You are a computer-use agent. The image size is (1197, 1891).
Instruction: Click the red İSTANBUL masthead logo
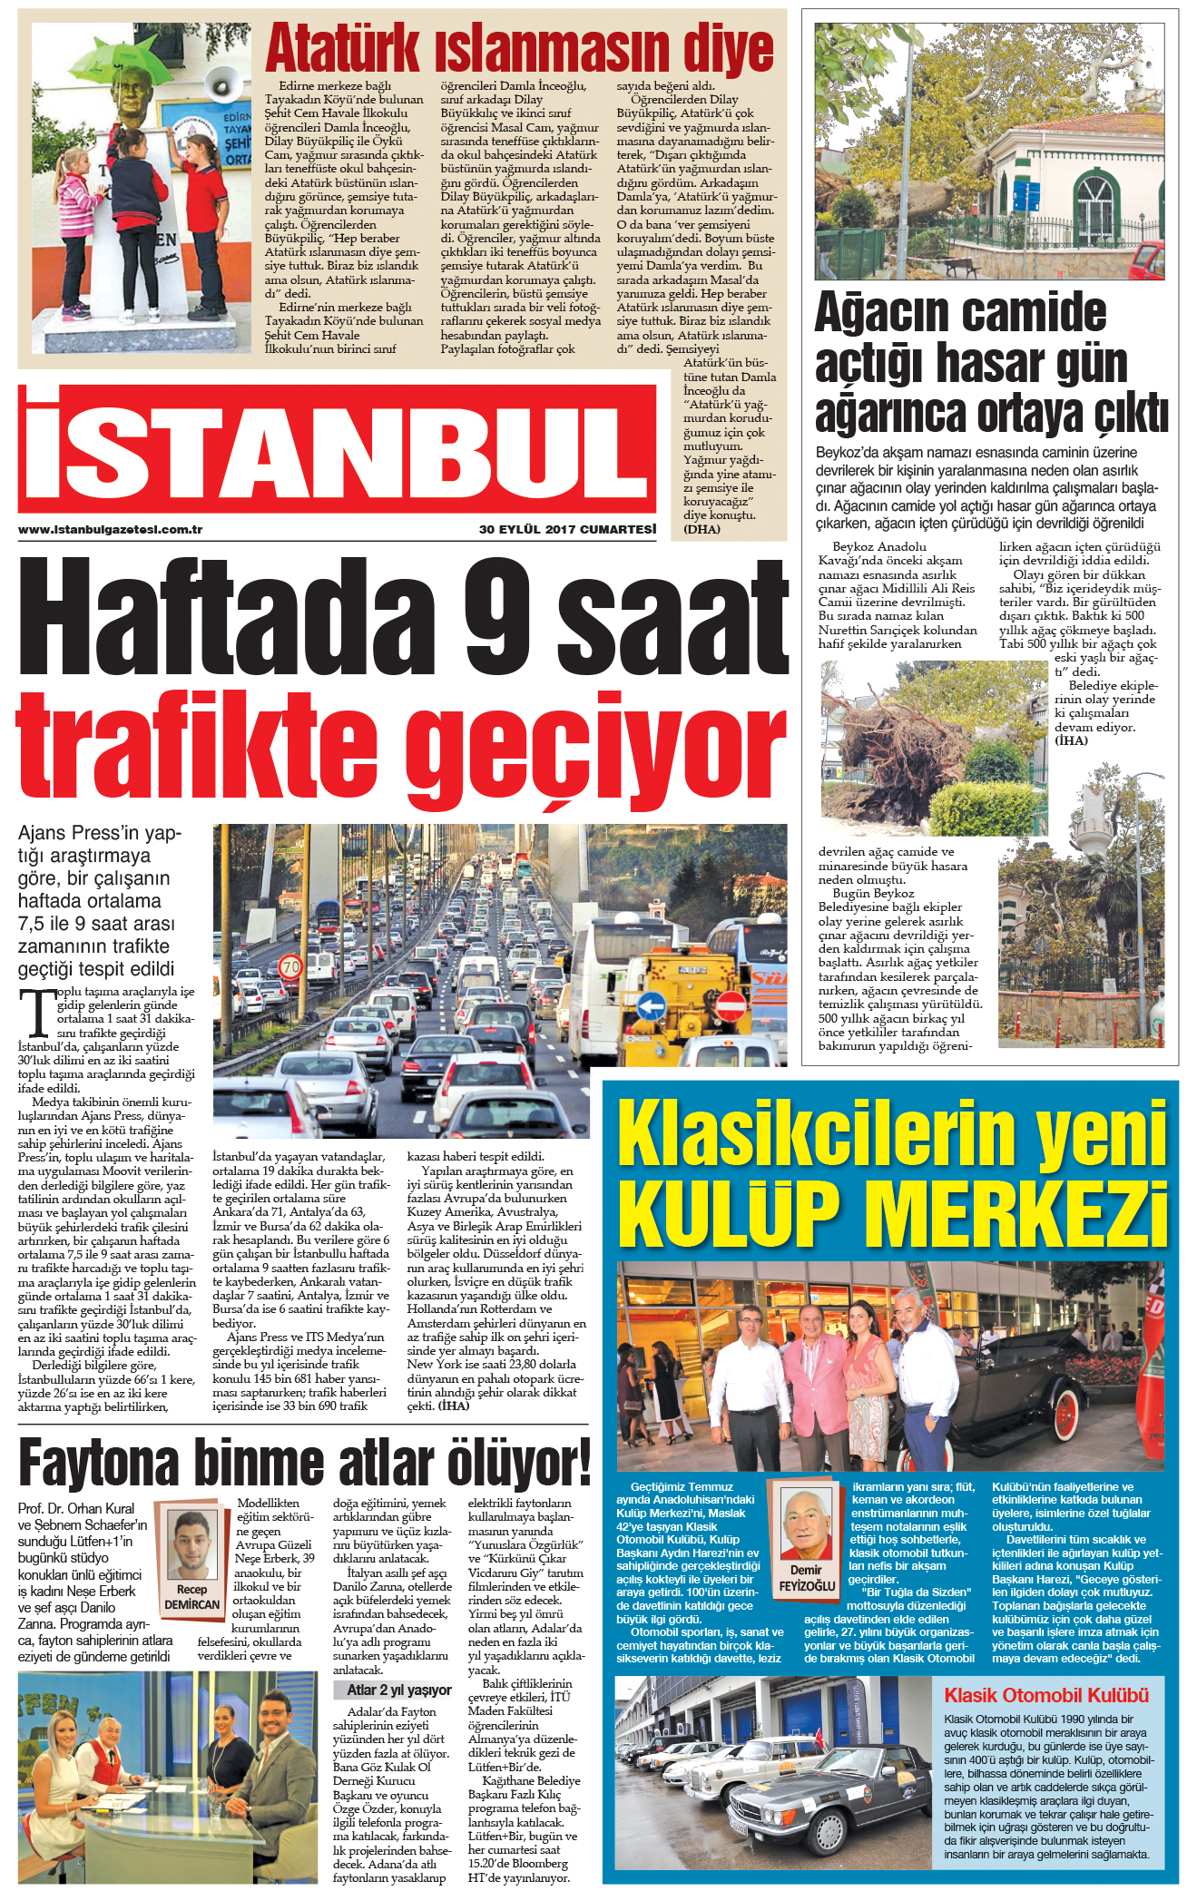click(x=336, y=449)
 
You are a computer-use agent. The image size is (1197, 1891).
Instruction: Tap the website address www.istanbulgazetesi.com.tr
click(x=110, y=530)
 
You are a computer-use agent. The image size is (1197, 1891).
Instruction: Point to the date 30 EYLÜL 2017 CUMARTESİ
click(x=567, y=530)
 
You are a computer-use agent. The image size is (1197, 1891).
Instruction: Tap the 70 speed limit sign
click(x=290, y=967)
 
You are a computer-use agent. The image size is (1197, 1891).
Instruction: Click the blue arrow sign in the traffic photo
click(x=651, y=1005)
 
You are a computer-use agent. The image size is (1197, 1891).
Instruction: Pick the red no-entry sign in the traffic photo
click(x=731, y=1004)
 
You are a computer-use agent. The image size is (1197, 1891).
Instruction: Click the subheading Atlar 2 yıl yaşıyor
click(x=399, y=1690)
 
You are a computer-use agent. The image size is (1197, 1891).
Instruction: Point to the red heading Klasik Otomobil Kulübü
click(x=1046, y=1696)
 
